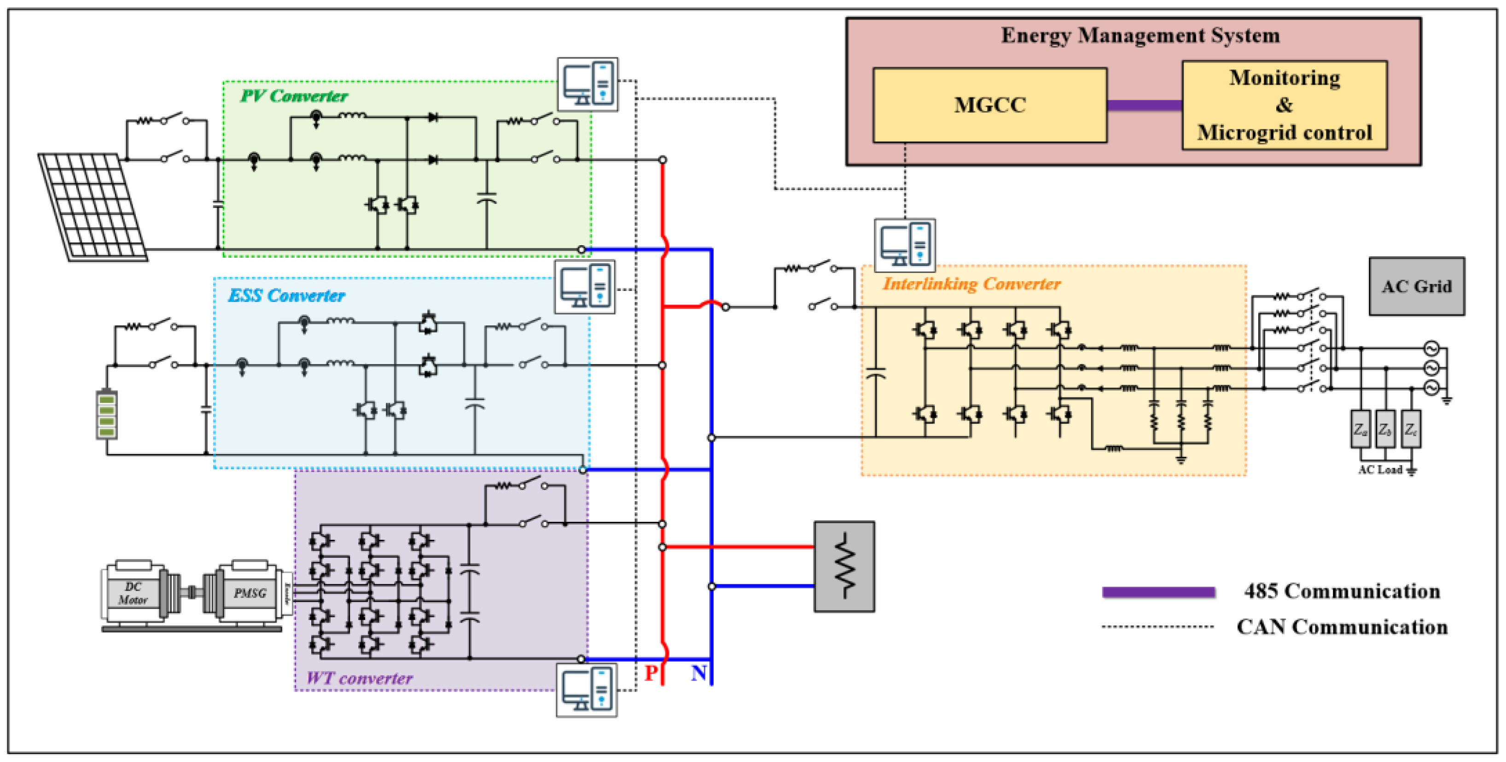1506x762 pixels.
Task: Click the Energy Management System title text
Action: [1140, 35]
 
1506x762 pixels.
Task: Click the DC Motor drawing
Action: [134, 594]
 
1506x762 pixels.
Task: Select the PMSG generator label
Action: [250, 594]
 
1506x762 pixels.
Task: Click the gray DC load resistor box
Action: [844, 566]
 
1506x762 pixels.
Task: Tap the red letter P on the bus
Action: [651, 673]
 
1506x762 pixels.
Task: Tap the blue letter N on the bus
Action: [698, 673]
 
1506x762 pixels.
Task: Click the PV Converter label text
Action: [294, 96]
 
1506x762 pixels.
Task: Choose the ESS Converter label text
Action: [286, 296]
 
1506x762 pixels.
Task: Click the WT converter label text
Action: [359, 678]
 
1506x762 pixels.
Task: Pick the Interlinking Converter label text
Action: [971, 284]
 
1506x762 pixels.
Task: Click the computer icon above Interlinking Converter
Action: [904, 245]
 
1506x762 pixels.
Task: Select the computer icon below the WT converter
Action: [587, 690]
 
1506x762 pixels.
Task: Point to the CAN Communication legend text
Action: [1341, 627]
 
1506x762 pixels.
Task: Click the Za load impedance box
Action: [1360, 429]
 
